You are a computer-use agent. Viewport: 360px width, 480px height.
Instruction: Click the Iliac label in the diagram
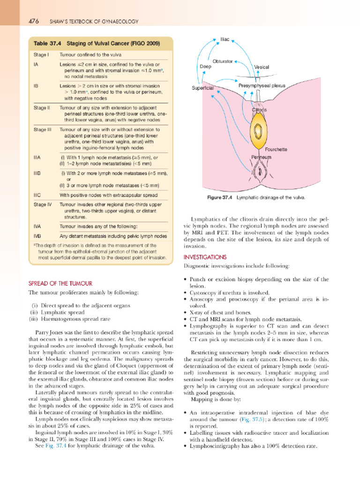tap(226, 39)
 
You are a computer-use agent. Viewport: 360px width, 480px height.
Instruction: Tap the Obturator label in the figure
tap(223, 61)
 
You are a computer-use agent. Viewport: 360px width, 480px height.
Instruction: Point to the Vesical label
tap(262, 67)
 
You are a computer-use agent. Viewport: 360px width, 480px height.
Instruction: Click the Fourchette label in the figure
tap(276, 150)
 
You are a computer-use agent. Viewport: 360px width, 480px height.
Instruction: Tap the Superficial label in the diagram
tap(203, 88)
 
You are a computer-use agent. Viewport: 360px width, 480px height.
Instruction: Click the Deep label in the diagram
tap(205, 67)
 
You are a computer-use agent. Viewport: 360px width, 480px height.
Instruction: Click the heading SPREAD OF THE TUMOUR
tap(60, 283)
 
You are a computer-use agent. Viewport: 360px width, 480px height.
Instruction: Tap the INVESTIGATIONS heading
tap(205, 257)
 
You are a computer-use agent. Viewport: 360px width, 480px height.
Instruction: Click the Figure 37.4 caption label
tap(220, 197)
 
